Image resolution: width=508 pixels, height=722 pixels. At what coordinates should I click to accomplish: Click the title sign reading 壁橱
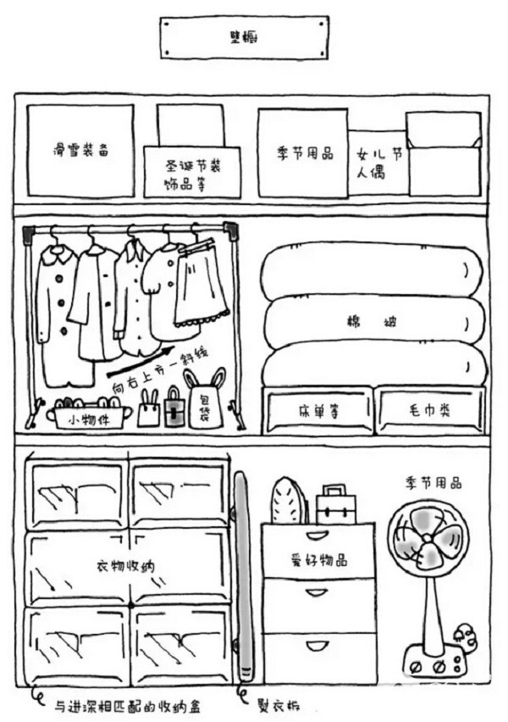coord(244,37)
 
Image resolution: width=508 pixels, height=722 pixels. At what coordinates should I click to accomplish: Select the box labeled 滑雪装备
coord(80,151)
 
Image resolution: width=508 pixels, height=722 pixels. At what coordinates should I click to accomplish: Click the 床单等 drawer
coord(317,410)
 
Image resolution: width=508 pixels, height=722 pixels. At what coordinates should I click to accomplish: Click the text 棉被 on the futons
coord(373,322)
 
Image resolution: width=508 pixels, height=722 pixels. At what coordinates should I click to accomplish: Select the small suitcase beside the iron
coord(336,507)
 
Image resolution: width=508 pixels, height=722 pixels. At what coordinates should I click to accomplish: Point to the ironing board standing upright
coord(241,576)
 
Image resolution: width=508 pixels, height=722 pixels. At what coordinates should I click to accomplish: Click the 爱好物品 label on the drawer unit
coord(317,560)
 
